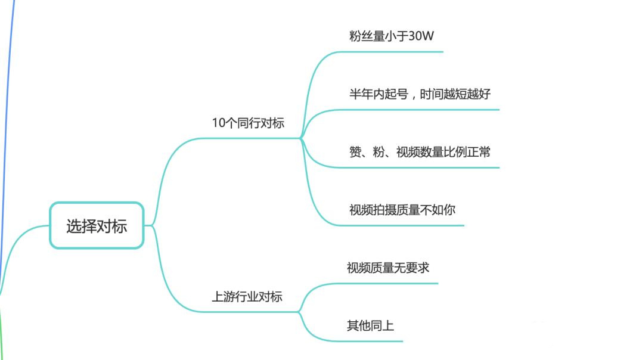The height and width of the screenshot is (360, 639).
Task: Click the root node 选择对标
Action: (x=96, y=226)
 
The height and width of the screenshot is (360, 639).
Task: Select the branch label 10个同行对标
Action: (x=248, y=123)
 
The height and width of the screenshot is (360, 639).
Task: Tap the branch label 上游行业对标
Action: (x=247, y=297)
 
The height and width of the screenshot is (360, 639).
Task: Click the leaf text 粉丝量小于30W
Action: (x=392, y=36)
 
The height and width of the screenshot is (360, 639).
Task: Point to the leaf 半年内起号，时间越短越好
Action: (x=420, y=94)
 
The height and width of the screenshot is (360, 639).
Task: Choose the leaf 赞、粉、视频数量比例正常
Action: (x=420, y=152)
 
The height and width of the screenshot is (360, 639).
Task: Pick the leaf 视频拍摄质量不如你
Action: (x=402, y=210)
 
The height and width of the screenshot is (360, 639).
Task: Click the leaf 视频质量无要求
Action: (x=387, y=268)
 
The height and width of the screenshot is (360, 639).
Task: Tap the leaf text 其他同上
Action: (x=370, y=326)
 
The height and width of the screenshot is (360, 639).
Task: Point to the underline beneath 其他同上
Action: (x=370, y=341)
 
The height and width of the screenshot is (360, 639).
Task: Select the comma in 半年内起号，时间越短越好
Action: (x=412, y=97)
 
